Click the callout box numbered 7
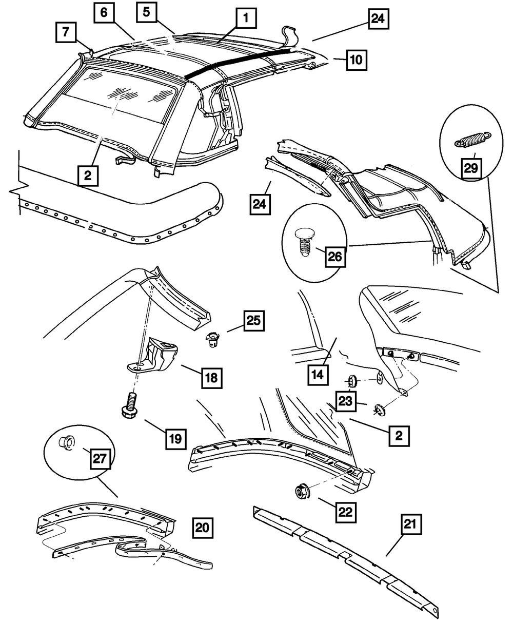[x=66, y=32]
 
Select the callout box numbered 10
[x=357, y=60]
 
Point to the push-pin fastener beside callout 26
[x=304, y=241]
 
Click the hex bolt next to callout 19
[x=130, y=405]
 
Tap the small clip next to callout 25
[x=212, y=340]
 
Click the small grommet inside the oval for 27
[x=67, y=441]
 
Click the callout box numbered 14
[x=318, y=375]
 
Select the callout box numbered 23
[x=346, y=401]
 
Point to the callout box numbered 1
[x=246, y=18]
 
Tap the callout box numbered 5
[x=146, y=12]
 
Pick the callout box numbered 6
[x=104, y=13]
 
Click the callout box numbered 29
[x=471, y=169]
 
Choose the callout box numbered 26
[x=335, y=257]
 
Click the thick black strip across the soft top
[x=239, y=64]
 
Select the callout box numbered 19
[x=175, y=439]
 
